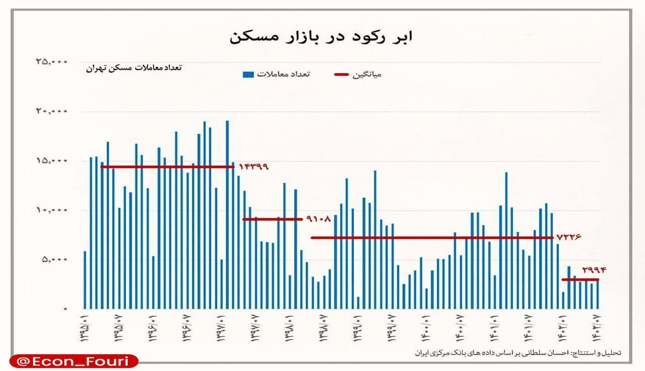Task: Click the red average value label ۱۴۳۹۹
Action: [253, 167]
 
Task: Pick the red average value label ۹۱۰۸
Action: [319, 219]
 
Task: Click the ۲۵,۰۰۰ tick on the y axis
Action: [52, 62]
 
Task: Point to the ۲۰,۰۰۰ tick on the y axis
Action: [52, 111]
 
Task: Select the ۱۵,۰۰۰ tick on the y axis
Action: [52, 161]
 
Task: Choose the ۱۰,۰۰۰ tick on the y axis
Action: [52, 210]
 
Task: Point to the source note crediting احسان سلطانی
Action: [518, 353]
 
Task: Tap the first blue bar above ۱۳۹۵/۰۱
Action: [85, 280]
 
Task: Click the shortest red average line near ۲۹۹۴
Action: [580, 280]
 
